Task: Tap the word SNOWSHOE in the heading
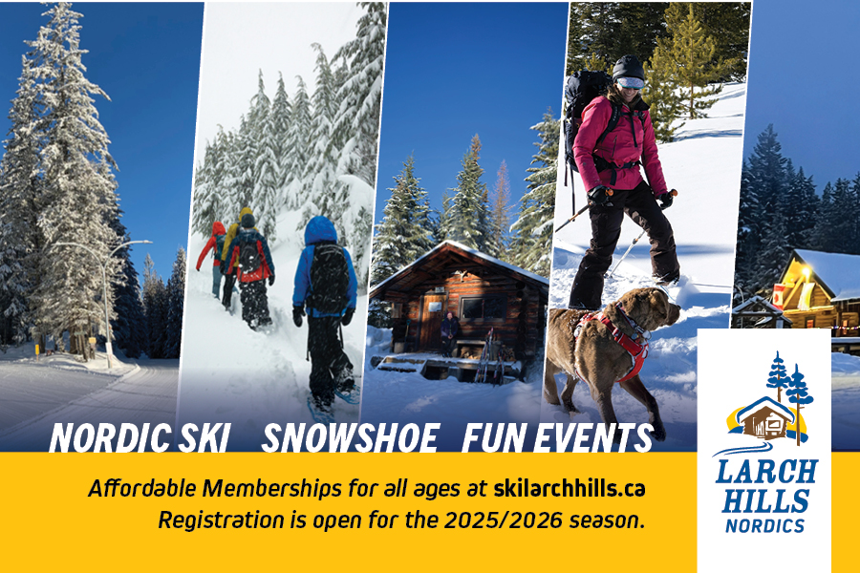coord(350,437)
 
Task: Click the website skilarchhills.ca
coord(570,488)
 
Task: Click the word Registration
coord(221,520)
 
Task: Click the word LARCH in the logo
coord(766,472)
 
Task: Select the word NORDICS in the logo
coord(765,526)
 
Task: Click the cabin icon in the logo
coord(765,418)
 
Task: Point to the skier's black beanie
coord(628,68)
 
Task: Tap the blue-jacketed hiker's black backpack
coord(328,280)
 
